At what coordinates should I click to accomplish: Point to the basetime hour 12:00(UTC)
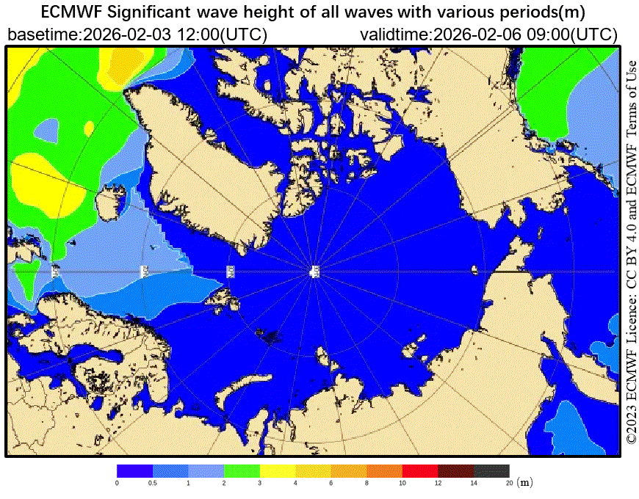coord(222,34)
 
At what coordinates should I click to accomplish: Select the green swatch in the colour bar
coord(242,470)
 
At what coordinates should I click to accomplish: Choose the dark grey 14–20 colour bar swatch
coord(491,470)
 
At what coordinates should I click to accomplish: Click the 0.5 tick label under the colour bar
coord(153,483)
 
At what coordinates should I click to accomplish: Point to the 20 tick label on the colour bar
coord(509,483)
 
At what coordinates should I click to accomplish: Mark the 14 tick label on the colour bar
coord(474,483)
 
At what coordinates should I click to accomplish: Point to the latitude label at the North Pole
coord(314,272)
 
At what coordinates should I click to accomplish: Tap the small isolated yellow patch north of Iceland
coord(89,128)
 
